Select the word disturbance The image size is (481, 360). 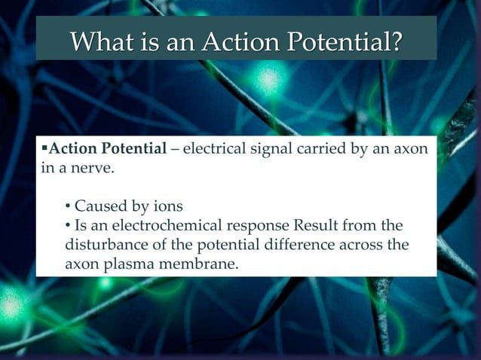coord(105,245)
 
